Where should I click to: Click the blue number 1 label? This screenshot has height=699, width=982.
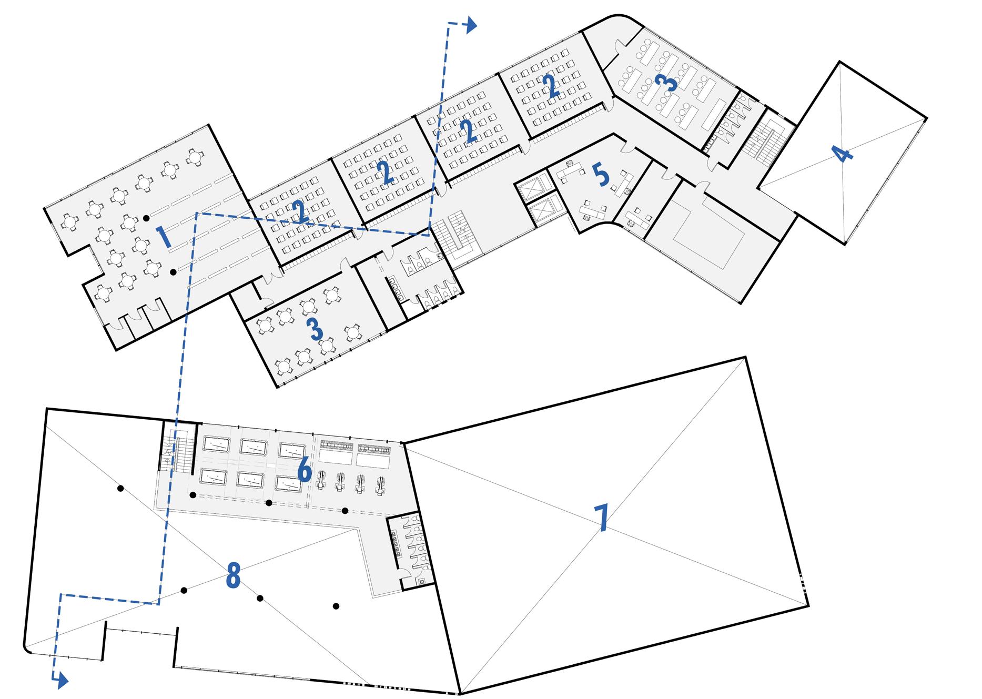click(x=166, y=237)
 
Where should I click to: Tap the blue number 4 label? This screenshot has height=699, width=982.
click(x=843, y=155)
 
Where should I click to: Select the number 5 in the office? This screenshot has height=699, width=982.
click(x=601, y=176)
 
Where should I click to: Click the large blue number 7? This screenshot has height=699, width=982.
click(x=601, y=518)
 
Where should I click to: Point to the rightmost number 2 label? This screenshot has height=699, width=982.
click(x=551, y=87)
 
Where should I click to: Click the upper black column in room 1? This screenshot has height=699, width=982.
click(x=147, y=217)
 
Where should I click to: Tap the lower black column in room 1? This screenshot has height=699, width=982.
click(x=173, y=272)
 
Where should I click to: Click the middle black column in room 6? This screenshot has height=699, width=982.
click(x=269, y=503)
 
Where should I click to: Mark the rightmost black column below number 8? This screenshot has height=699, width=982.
click(x=336, y=606)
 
